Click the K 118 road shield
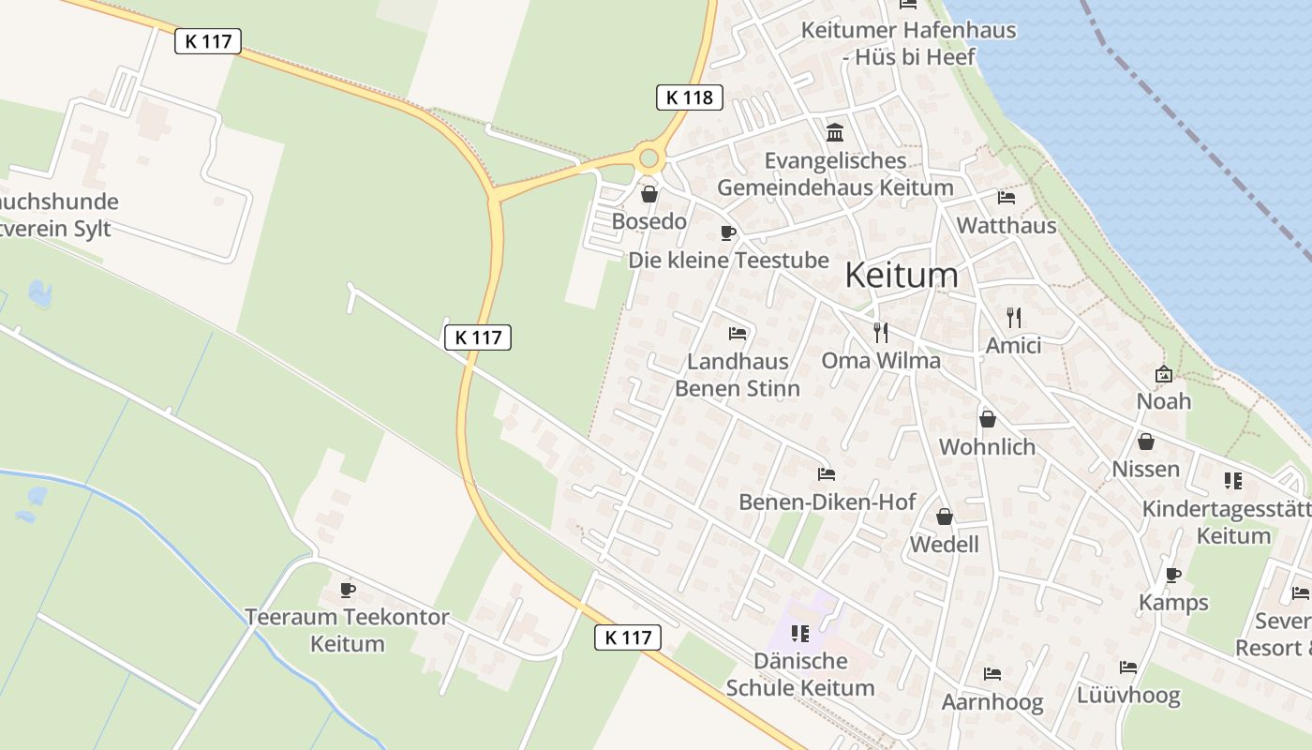pyautogui.click(x=689, y=97)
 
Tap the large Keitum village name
pyautogui.click(x=902, y=275)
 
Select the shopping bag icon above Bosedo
pyautogui.click(x=649, y=194)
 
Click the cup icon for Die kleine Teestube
pyautogui.click(x=727, y=232)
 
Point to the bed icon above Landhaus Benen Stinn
pyautogui.click(x=738, y=333)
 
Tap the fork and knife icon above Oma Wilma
pyautogui.click(x=880, y=332)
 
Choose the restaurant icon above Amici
pyautogui.click(x=1013, y=317)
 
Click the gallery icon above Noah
pyautogui.click(x=1163, y=373)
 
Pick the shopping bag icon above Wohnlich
pyautogui.click(x=987, y=418)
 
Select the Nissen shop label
pyautogui.click(x=1145, y=469)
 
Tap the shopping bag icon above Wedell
pyautogui.click(x=945, y=517)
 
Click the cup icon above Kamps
pyautogui.click(x=1172, y=575)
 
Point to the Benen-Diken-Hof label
pyautogui.click(x=827, y=502)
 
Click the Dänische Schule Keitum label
pyautogui.click(x=800, y=674)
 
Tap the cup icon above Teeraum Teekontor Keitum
pyautogui.click(x=348, y=590)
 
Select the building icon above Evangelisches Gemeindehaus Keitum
pyautogui.click(x=834, y=132)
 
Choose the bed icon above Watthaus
pyautogui.click(x=1006, y=198)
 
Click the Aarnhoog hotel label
pyautogui.click(x=991, y=702)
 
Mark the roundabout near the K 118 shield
pyautogui.click(x=648, y=157)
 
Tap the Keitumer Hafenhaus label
pyautogui.click(x=908, y=43)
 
